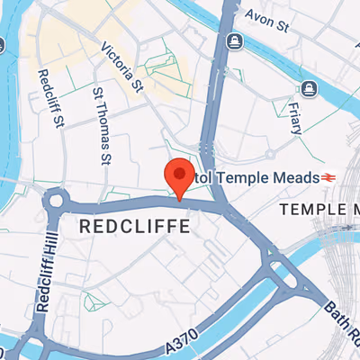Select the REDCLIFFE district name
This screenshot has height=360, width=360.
(x=135, y=227)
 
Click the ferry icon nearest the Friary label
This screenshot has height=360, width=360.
(x=309, y=88)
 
